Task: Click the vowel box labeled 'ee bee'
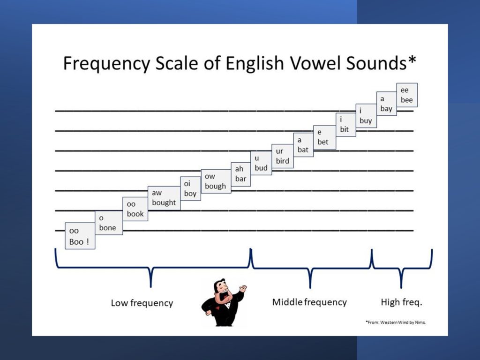point(407,95)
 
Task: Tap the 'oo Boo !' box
point(80,236)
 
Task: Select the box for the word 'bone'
point(109,223)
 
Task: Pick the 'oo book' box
point(135,209)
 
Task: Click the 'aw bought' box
point(164,198)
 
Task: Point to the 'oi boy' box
point(190,188)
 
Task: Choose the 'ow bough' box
point(216,181)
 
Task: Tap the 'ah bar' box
point(240,174)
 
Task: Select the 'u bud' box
point(261,163)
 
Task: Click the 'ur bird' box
point(283,156)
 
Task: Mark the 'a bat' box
point(303,145)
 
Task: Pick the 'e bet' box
point(324,137)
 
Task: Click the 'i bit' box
point(346,125)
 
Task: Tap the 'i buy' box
point(366,116)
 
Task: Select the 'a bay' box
point(387,104)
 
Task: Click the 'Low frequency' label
point(142,303)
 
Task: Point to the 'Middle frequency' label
point(309,302)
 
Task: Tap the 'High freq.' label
point(401,302)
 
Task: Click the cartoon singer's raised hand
point(243,289)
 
